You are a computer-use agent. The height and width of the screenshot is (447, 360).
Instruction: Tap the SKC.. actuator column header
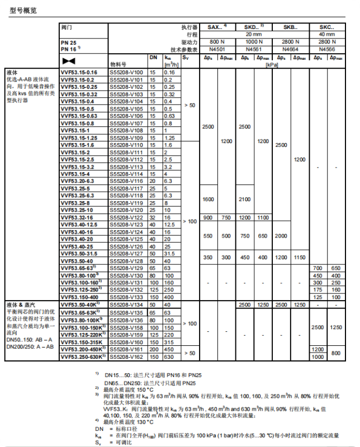coord(327,27)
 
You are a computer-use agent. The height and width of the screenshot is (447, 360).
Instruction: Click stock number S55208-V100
coord(126,73)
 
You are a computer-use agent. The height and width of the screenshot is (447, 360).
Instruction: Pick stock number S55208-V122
coord(126,217)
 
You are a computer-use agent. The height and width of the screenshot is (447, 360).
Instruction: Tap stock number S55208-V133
coord(126,297)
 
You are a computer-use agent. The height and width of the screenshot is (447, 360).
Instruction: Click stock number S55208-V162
coord(126,356)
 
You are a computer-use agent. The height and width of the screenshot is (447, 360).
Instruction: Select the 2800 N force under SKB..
coord(290,41)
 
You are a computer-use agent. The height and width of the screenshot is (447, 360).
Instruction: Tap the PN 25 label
coord(69,42)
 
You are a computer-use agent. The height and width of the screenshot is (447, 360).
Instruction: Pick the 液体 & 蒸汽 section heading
coord(21,305)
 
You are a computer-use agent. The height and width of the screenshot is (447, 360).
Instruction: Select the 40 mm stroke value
coord(327,34)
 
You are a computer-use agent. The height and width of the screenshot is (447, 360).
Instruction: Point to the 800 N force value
coord(217,41)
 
